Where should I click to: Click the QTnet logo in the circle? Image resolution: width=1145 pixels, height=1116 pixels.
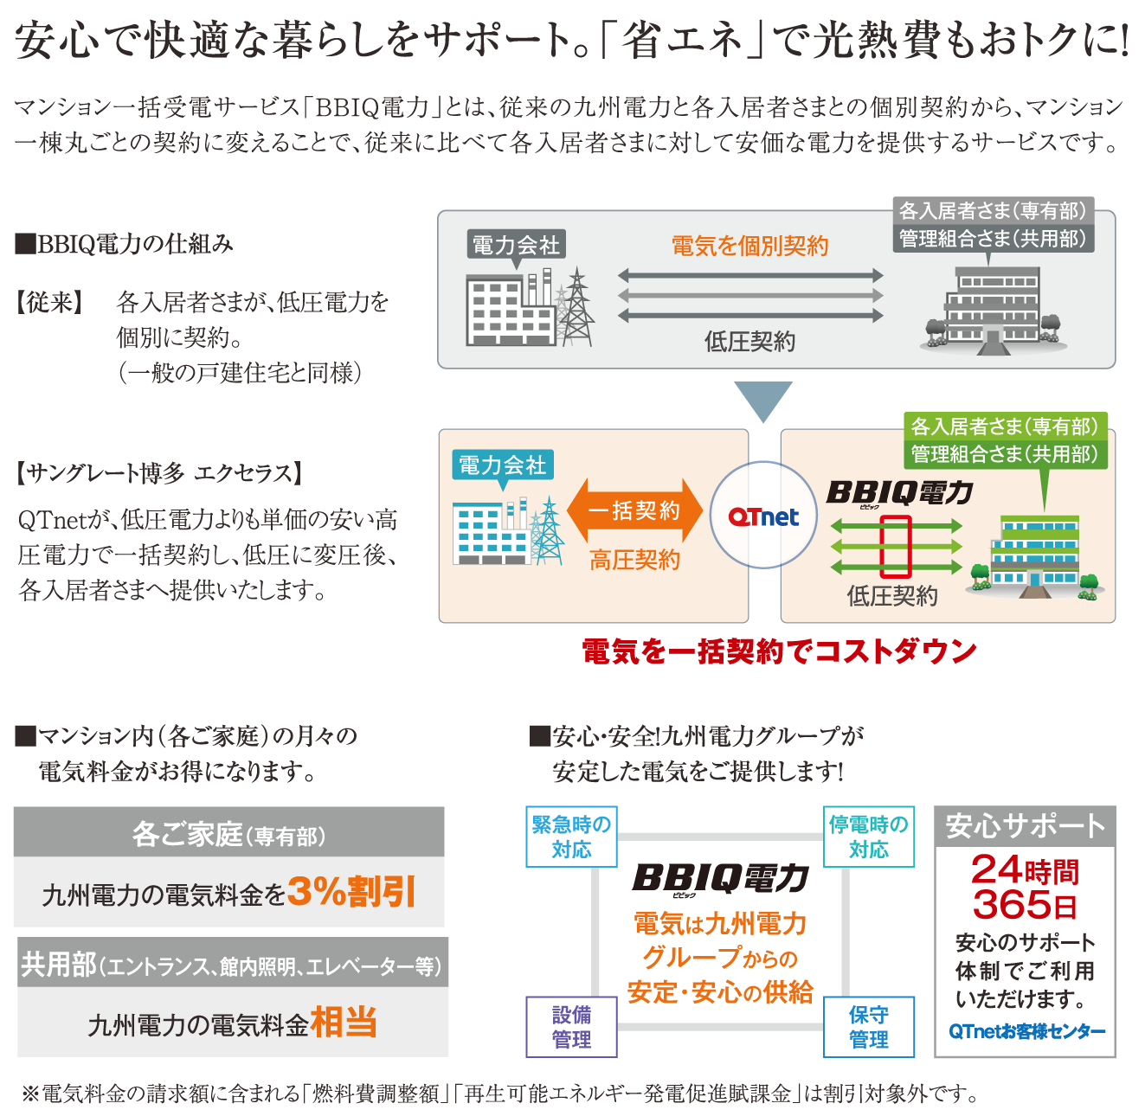(x=763, y=516)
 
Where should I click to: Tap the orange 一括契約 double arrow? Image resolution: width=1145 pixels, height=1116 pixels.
(x=634, y=510)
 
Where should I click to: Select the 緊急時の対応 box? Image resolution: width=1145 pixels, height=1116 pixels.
(x=571, y=837)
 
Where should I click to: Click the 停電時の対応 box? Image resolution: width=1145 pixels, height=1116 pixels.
(x=868, y=837)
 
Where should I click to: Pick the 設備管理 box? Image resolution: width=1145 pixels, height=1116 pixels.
(x=571, y=1027)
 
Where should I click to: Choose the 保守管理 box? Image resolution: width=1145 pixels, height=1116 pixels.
(x=868, y=1027)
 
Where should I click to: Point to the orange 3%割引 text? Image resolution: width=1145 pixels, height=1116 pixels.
(x=351, y=892)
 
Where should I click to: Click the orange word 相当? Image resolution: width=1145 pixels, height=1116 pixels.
(x=344, y=1023)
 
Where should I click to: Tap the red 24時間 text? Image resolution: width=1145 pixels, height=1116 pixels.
(x=1025, y=869)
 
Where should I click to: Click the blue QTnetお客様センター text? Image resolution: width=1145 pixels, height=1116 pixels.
(x=1026, y=1031)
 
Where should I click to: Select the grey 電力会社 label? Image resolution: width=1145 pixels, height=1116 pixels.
(x=516, y=245)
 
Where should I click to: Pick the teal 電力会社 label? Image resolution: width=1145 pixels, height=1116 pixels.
(x=502, y=465)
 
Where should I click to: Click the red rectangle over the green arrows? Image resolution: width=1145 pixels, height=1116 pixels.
(x=896, y=547)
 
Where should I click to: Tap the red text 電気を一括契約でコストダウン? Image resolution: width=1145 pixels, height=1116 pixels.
(x=779, y=651)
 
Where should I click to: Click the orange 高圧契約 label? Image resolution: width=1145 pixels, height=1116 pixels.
(x=634, y=561)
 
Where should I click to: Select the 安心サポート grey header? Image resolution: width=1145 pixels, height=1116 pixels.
(x=1025, y=826)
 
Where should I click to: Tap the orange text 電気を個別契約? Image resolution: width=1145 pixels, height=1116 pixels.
(x=749, y=247)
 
